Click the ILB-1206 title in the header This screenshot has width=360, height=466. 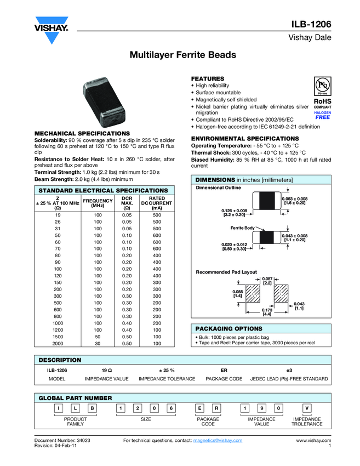311,24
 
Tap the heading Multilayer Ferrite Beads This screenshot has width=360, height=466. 182,55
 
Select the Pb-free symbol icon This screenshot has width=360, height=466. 322,87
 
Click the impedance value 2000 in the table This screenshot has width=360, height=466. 58,343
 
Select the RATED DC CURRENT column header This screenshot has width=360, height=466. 157,203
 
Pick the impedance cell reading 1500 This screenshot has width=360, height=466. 58,337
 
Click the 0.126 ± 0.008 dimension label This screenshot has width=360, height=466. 234,213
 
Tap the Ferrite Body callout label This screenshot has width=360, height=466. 242,228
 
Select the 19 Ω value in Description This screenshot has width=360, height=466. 107,371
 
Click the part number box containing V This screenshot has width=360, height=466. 307,408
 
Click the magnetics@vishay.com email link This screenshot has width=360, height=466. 218,440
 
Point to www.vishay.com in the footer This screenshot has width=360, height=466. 313,440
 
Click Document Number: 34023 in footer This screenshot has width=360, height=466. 62,440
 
